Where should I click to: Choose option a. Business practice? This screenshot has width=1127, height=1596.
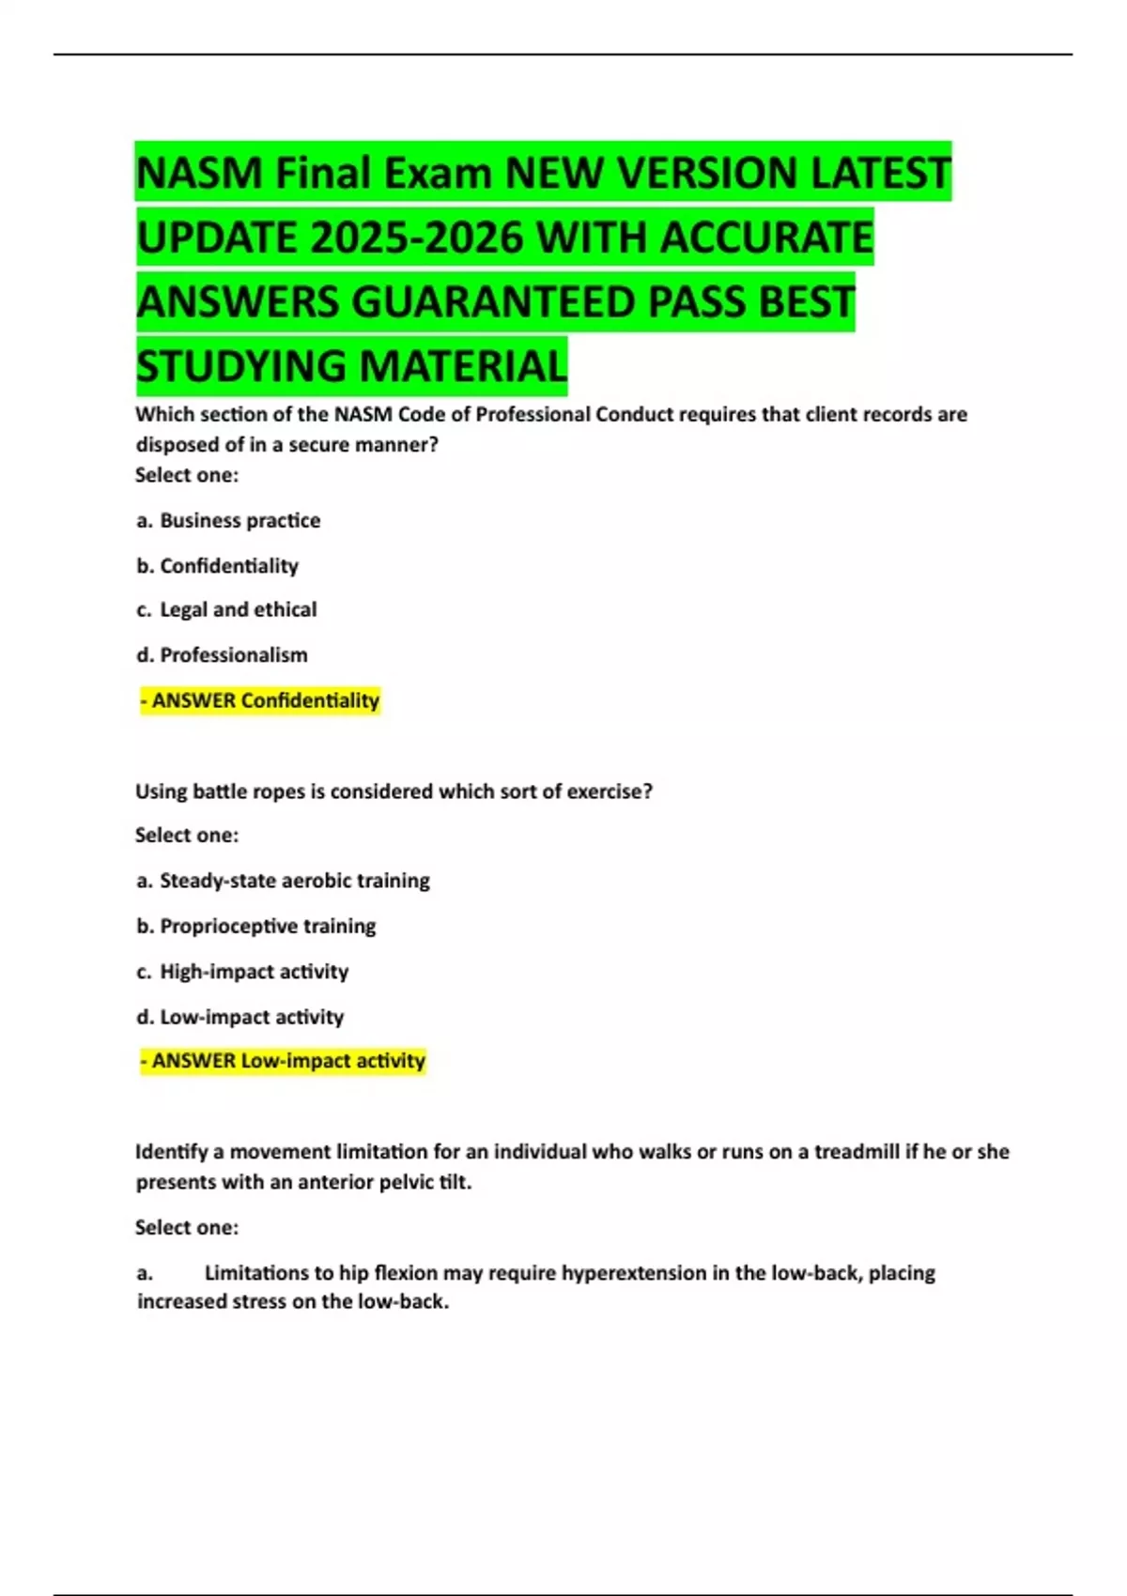[x=228, y=520]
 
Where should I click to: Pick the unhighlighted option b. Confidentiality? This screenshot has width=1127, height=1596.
[x=218, y=565]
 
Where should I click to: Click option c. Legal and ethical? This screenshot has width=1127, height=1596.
[x=226, y=609]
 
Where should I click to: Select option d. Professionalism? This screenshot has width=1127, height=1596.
[x=222, y=654]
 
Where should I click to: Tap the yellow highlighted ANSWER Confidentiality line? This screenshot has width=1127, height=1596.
[x=260, y=700]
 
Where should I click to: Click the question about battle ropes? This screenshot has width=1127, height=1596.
[x=394, y=791]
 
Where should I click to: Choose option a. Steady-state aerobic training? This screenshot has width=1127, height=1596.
[x=283, y=881]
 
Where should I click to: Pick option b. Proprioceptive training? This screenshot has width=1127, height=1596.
[x=255, y=926]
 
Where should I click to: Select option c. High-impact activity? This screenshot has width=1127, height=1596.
[x=242, y=971]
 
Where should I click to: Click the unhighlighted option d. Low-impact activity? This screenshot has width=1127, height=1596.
[x=239, y=1017]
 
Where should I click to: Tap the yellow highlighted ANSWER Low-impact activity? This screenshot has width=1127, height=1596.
[x=283, y=1061]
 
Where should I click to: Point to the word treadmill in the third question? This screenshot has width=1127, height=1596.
[x=856, y=1151]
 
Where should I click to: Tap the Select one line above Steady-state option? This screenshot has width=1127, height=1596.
[x=187, y=835]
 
